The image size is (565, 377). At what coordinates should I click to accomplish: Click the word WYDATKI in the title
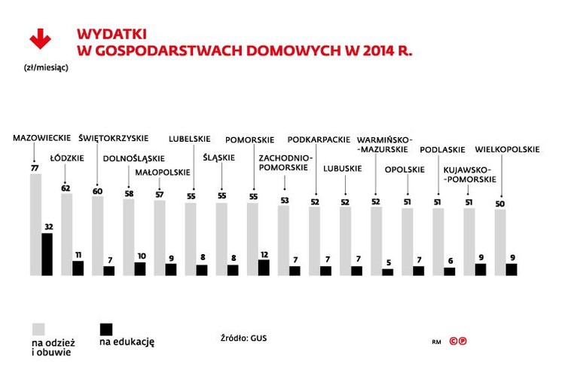point(111,34)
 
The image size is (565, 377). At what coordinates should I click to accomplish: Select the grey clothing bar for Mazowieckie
point(35,226)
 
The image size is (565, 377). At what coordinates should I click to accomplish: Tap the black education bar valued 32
point(47,255)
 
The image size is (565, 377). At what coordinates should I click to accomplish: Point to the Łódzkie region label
point(66,158)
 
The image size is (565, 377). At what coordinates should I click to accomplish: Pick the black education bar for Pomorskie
point(264,268)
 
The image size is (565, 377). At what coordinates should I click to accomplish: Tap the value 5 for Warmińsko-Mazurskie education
point(388,263)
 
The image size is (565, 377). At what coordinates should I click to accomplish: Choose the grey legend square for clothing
point(37,329)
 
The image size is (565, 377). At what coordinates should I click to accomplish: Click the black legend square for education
point(106,329)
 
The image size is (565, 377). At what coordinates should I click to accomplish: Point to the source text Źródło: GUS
point(243,338)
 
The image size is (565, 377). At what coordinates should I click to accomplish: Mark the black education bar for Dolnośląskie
point(139,269)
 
